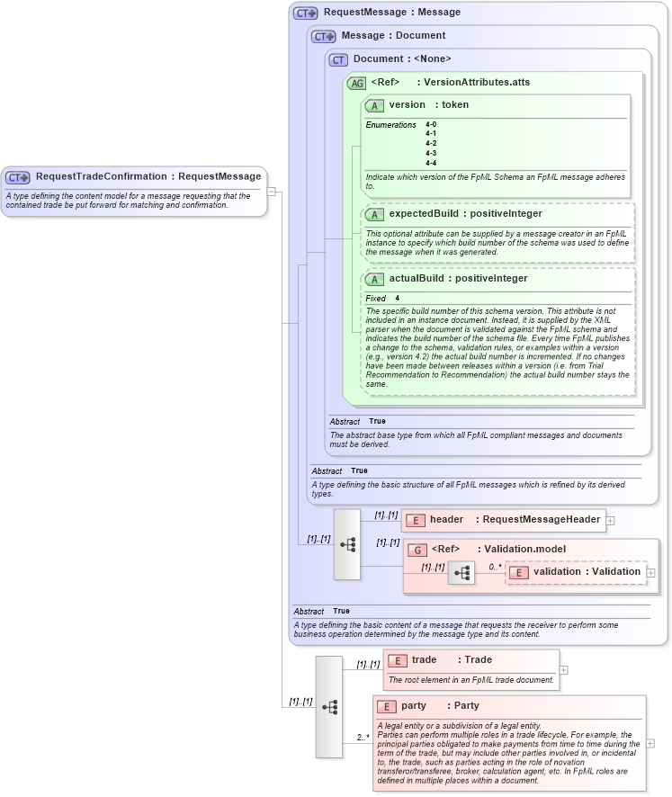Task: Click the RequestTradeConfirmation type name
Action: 101,176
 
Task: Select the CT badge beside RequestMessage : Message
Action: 306,13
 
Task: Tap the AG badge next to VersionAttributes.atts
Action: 356,83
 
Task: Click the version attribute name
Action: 407,105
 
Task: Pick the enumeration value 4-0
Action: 431,124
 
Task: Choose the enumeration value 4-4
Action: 431,163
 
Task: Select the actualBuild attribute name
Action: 418,279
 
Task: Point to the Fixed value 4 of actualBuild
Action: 398,298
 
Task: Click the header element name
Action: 446,519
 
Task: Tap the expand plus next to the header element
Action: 611,519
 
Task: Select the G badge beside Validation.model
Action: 417,550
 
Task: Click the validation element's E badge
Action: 519,572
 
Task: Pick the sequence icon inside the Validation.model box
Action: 461,572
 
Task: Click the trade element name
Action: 425,660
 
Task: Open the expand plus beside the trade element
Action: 564,669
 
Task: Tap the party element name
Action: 414,706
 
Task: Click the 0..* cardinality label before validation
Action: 496,567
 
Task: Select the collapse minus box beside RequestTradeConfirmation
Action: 272,192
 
